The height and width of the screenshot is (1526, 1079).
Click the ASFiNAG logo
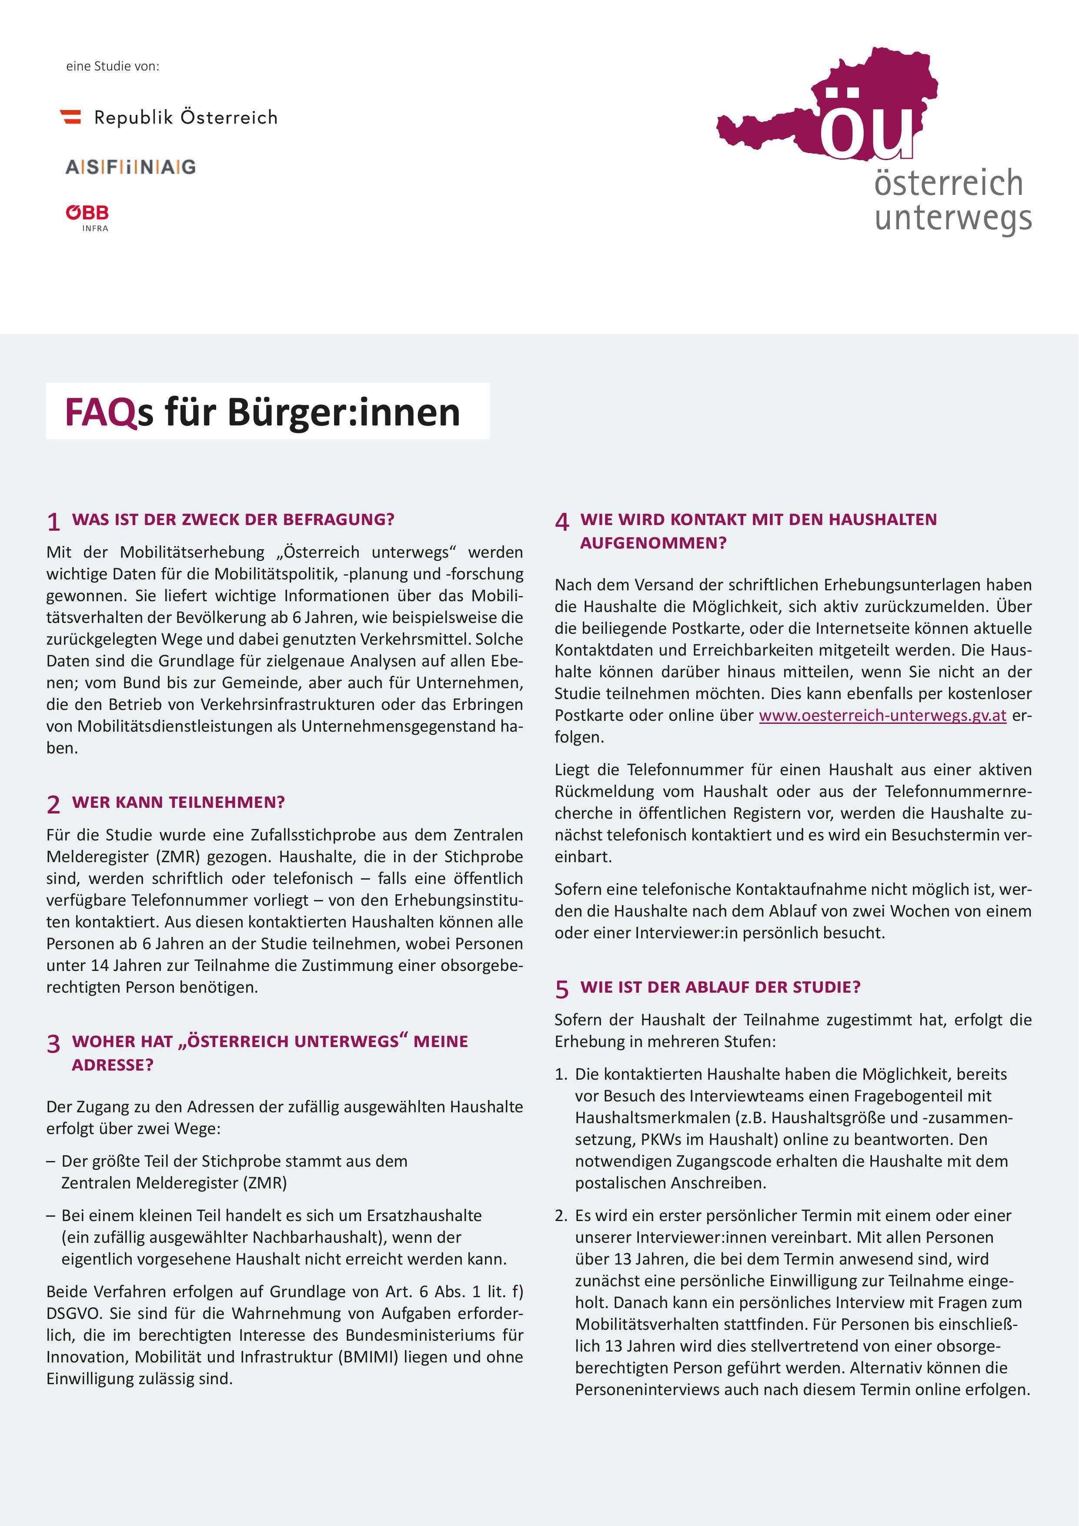(x=130, y=167)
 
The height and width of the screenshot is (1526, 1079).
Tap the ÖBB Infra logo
(x=87, y=217)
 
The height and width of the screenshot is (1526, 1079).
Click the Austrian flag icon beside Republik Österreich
(x=70, y=117)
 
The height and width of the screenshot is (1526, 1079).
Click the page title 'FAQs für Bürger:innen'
(x=262, y=412)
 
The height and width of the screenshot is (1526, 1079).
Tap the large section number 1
(x=54, y=522)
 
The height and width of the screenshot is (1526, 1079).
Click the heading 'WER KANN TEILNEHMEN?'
(x=178, y=802)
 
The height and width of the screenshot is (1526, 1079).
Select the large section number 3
(x=54, y=1044)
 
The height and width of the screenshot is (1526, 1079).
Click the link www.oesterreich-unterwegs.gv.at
(x=882, y=715)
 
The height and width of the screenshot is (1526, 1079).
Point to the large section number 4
(x=562, y=522)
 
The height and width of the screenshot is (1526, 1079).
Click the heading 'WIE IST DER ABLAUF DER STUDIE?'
(x=720, y=987)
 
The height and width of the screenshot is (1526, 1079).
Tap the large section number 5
(x=562, y=990)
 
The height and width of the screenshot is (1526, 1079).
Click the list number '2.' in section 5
(x=561, y=1215)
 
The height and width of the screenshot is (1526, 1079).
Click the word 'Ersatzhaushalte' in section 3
(x=424, y=1215)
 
